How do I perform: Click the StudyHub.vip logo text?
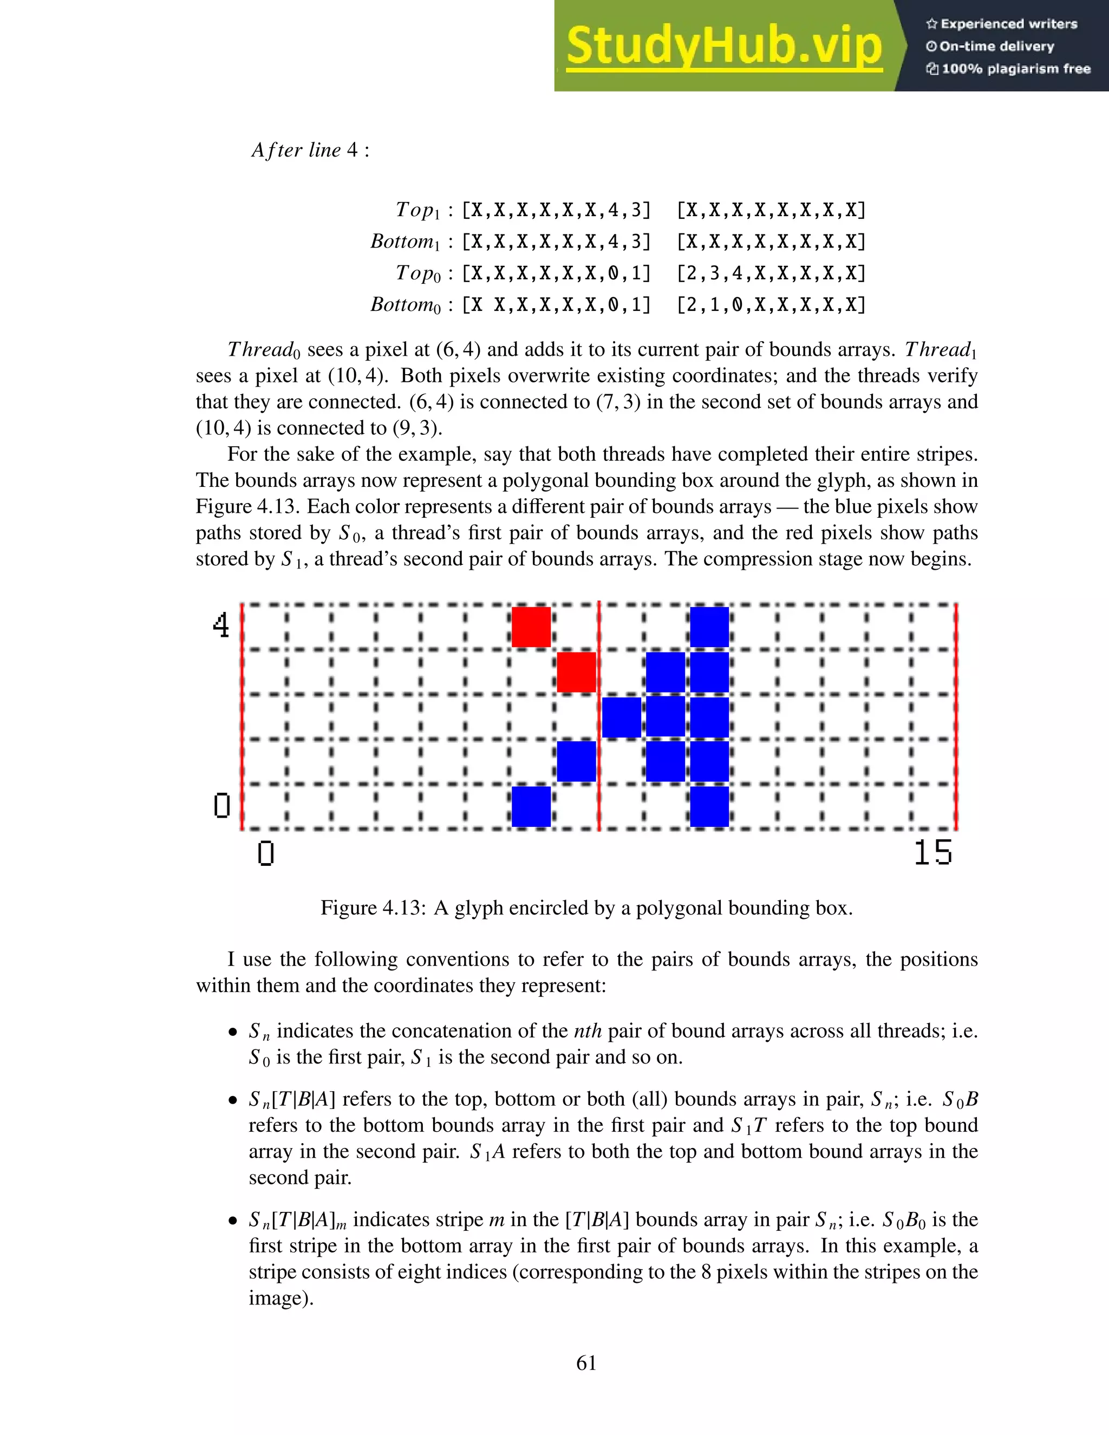pos(723,46)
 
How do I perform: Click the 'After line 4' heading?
pos(311,151)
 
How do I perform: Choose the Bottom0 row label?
pos(406,305)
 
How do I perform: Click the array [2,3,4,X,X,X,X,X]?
pos(771,273)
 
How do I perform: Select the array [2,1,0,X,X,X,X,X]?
pos(771,305)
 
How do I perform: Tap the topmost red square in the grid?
pos(531,627)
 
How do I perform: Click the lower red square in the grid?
pos(576,671)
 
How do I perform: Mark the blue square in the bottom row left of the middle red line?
pos(531,806)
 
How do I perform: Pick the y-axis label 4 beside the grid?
pos(221,625)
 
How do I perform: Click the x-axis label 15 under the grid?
pos(932,853)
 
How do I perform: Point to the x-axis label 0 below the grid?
pos(265,853)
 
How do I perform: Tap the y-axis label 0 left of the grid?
pos(222,806)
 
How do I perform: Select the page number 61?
pos(586,1364)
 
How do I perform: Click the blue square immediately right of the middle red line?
pos(622,717)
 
